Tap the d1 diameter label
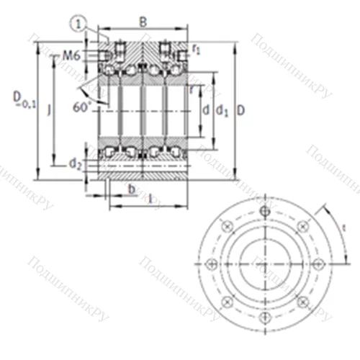pos(222,111)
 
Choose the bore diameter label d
pos(205,110)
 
